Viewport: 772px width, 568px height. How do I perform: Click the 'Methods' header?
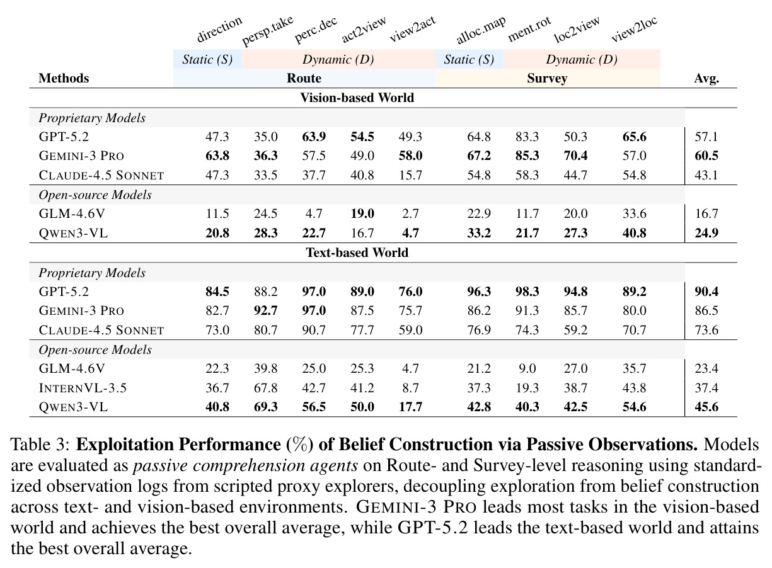pyautogui.click(x=64, y=78)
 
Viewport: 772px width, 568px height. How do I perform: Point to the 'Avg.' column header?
pyautogui.click(x=706, y=79)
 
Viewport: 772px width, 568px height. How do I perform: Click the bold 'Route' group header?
pyautogui.click(x=304, y=78)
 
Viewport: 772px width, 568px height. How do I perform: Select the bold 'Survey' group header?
pyautogui.click(x=547, y=79)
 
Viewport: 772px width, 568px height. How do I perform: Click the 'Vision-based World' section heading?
pyautogui.click(x=357, y=98)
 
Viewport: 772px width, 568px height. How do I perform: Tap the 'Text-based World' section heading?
pyautogui.click(x=357, y=253)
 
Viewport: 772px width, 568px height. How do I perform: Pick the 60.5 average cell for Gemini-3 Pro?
pyautogui.click(x=706, y=156)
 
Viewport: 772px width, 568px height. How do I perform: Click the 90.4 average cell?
pyautogui.click(x=706, y=292)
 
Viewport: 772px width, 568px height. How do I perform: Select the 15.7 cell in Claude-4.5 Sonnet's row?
pyautogui.click(x=410, y=175)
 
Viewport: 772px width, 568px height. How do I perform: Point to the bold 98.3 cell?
pyautogui.click(x=527, y=292)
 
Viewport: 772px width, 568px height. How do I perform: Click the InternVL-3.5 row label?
pyautogui.click(x=83, y=388)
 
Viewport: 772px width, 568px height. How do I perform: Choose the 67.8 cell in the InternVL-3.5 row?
pyautogui.click(x=266, y=388)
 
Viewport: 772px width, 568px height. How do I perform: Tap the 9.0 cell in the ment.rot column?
pyautogui.click(x=527, y=369)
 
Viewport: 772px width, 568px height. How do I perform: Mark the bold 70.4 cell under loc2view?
pyautogui.click(x=575, y=156)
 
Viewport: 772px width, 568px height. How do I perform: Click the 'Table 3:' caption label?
pyautogui.click(x=40, y=445)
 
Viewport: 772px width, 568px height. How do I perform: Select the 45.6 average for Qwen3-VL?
pyautogui.click(x=706, y=407)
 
